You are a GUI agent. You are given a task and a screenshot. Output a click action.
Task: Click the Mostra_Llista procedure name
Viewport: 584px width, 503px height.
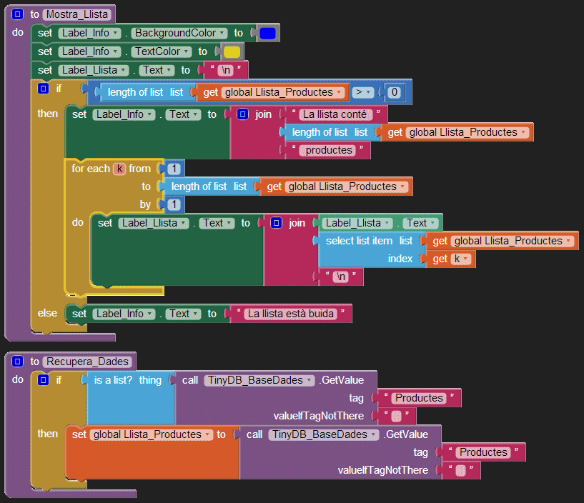[76, 14]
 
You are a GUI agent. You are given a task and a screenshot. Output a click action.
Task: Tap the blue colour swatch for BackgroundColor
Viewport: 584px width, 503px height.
[268, 33]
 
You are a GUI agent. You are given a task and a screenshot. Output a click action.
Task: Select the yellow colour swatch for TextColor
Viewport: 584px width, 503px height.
[232, 51]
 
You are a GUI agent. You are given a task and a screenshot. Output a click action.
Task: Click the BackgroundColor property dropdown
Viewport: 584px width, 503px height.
[179, 33]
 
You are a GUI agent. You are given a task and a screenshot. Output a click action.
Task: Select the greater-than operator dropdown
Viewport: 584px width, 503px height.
[363, 92]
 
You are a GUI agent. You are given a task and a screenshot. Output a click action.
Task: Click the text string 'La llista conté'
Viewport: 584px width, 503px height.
[335, 114]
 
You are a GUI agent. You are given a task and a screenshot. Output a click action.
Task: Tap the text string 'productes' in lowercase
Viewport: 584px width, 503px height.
[330, 150]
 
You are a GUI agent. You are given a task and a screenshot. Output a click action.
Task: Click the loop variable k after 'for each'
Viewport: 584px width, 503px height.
[119, 169]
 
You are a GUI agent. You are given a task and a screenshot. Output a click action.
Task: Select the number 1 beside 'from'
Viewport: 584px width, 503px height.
[174, 169]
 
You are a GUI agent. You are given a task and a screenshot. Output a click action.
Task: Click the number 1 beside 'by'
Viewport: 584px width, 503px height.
[174, 204]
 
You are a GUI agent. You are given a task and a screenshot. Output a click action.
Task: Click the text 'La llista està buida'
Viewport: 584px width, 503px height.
[291, 314]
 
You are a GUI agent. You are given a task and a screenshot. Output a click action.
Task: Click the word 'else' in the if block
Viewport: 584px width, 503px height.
[47, 313]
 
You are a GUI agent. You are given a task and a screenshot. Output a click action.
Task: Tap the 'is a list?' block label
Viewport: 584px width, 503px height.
[113, 380]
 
